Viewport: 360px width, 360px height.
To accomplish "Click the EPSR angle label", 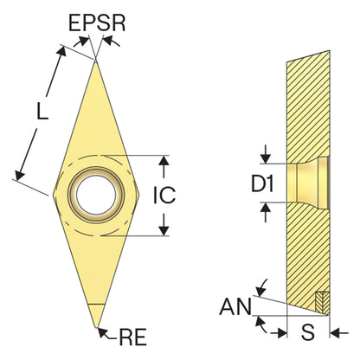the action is click(97, 22).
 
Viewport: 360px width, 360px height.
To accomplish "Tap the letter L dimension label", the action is click(42, 111).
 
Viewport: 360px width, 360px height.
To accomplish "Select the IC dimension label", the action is click(164, 195).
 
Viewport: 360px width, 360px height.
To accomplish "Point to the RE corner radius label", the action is click(133, 337).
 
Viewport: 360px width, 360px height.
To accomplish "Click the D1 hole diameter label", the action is click(262, 183).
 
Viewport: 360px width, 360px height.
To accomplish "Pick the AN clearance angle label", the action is click(235, 306).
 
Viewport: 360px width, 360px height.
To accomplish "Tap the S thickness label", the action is click(308, 332).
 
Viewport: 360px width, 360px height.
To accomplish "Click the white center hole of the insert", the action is click(96, 195).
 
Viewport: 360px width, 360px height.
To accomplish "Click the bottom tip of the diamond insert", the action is click(97, 327).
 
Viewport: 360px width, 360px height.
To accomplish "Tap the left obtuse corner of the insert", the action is click(54, 195).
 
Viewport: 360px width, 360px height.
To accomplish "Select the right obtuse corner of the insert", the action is click(139, 195).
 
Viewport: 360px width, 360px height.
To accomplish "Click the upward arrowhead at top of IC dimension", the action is click(164, 161).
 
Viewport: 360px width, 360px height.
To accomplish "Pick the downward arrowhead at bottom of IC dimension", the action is click(164, 231).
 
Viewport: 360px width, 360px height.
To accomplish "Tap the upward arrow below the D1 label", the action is click(266, 212).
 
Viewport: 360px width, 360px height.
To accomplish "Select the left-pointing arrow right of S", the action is click(339, 334).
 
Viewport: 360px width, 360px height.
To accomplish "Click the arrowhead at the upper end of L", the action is click(61, 51).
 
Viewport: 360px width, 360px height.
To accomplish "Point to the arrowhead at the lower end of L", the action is click(20, 175).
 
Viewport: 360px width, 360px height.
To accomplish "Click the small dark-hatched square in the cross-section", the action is click(322, 302).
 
